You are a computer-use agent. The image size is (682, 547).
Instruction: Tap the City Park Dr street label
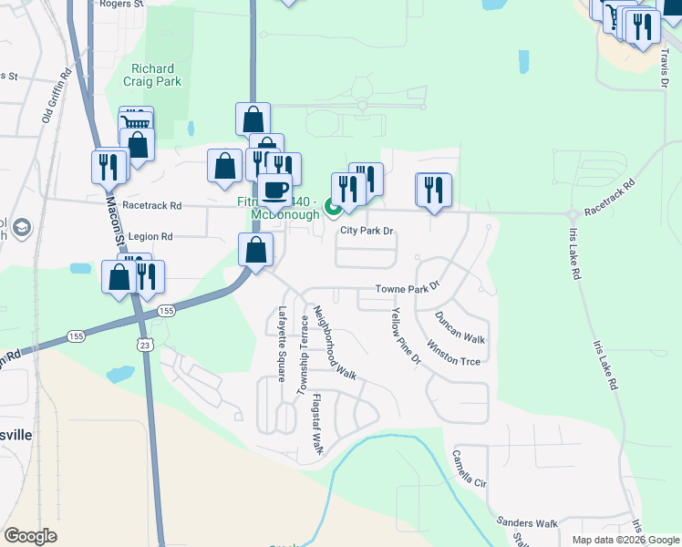click(366, 231)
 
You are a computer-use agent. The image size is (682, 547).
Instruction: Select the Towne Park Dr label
click(408, 290)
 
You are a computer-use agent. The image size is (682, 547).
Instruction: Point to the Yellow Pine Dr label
click(406, 336)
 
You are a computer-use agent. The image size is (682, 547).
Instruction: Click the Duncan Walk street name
click(460, 327)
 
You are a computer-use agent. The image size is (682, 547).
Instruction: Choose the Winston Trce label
click(453, 354)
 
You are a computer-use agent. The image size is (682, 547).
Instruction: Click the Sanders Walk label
click(526, 523)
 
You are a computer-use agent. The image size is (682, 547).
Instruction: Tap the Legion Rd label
click(150, 236)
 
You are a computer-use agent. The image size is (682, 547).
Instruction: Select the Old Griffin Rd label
click(57, 98)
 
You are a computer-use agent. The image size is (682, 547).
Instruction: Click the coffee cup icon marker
click(275, 190)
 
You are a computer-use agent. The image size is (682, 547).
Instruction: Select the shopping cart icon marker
click(136, 122)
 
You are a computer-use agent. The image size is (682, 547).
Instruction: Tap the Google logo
click(30, 535)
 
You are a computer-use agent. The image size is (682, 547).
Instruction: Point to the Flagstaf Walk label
click(318, 424)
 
